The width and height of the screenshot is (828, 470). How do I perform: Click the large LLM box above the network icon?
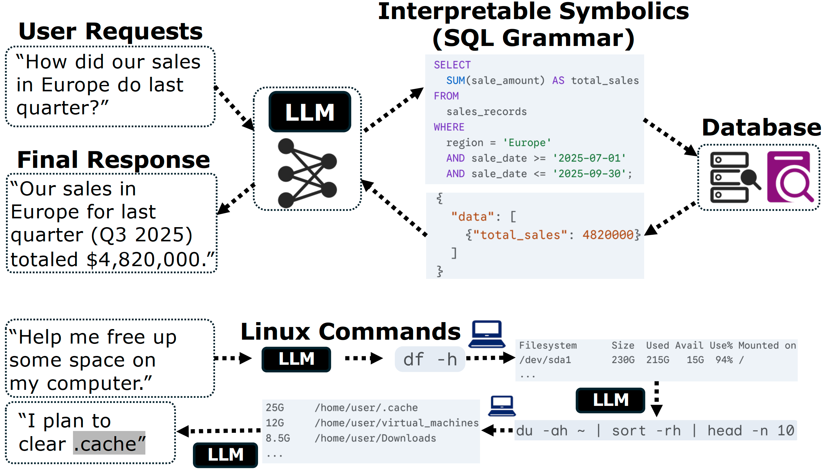point(310,112)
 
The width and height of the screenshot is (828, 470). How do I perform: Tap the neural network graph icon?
point(307,173)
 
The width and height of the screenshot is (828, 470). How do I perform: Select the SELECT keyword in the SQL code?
point(452,65)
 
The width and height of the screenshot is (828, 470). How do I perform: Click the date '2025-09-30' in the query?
point(589,174)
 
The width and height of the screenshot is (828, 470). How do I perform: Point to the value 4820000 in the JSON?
point(608,235)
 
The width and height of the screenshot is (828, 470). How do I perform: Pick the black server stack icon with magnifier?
point(734,177)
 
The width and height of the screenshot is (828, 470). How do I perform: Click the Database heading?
point(761,128)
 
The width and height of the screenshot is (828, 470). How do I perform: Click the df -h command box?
point(430,359)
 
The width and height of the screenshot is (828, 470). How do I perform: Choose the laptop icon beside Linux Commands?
point(487,334)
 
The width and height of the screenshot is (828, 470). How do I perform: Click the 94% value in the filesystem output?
point(724,360)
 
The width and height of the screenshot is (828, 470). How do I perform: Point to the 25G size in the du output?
point(275,408)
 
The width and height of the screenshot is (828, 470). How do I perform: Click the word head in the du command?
point(725,431)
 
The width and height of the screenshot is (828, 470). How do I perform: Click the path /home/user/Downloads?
point(375,438)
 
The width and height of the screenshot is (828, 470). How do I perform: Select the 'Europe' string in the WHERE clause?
point(527,143)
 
